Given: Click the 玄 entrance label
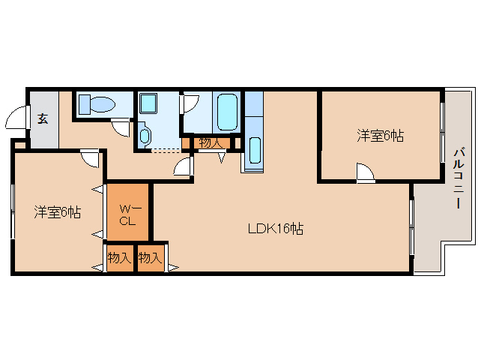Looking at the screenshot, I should [x=43, y=118].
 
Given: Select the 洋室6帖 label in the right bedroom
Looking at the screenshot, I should [x=380, y=136].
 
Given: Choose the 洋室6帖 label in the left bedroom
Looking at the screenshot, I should [x=57, y=212].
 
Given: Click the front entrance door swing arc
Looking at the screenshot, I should [x=16, y=118].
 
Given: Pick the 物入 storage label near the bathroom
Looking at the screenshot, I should [x=210, y=142].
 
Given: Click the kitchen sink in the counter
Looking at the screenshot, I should [x=254, y=151].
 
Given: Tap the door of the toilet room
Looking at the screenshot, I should [x=120, y=127].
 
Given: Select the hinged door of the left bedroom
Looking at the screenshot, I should [x=91, y=159].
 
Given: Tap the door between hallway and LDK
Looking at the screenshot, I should [x=183, y=167].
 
